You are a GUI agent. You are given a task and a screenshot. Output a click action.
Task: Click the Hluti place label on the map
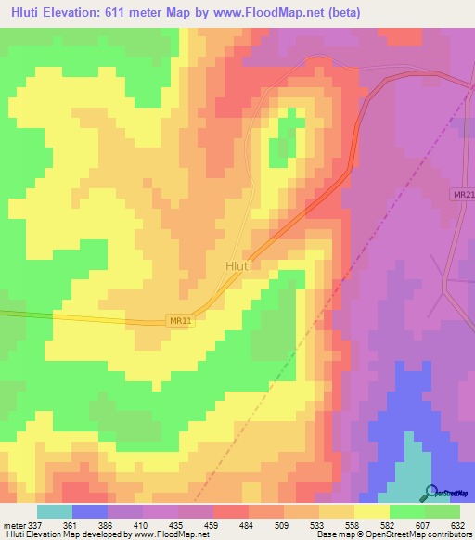pos(238,265)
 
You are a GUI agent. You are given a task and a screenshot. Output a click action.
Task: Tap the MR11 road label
pos(182,320)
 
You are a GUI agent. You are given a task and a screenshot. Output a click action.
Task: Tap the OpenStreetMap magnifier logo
pos(430,492)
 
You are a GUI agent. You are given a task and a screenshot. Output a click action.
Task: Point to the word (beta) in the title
pos(340,12)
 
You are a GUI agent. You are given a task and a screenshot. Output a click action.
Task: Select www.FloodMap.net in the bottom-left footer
pos(171,534)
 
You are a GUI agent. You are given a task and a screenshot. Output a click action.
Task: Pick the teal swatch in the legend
pos(54,511)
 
